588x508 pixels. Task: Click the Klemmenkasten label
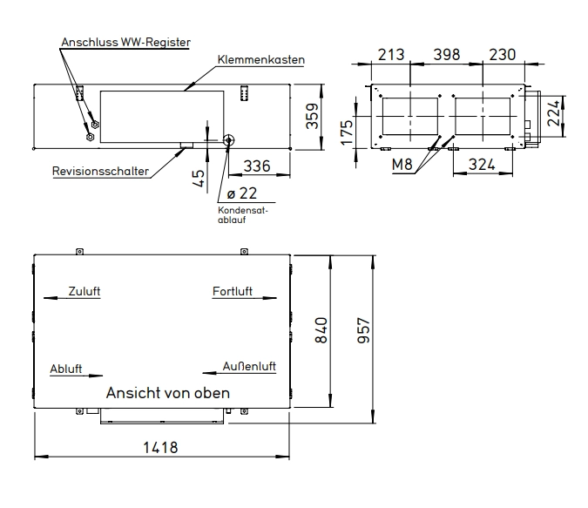(x=261, y=59)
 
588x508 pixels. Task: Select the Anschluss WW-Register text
(x=125, y=42)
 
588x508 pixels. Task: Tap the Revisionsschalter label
(x=100, y=171)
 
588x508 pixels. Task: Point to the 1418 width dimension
(x=160, y=447)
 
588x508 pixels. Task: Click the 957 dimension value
(x=364, y=330)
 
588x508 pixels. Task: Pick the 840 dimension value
(x=321, y=330)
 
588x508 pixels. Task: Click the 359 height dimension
(x=312, y=116)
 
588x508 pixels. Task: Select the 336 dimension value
(x=257, y=166)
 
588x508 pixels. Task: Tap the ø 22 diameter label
(x=242, y=193)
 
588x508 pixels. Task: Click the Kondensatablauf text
(x=243, y=215)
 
